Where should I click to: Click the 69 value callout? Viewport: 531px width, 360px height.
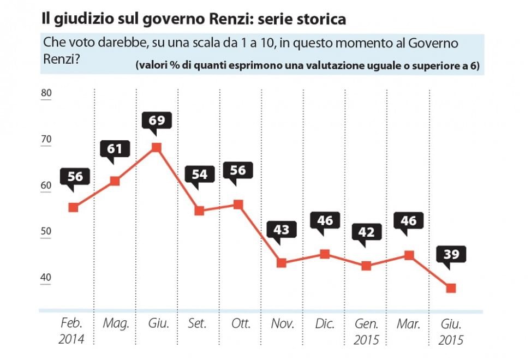[157, 120]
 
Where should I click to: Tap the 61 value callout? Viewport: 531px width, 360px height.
[115, 148]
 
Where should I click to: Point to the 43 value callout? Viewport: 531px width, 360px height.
[282, 229]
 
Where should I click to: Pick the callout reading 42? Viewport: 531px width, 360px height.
[366, 232]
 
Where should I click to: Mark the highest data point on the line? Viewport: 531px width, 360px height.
[157, 147]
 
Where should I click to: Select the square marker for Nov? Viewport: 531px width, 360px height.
[282, 263]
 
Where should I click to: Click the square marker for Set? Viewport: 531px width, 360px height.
[199, 211]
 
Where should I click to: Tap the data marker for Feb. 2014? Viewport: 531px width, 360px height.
[74, 207]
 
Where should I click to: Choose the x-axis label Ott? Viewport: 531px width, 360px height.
[241, 323]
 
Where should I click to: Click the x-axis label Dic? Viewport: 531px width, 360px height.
[325, 323]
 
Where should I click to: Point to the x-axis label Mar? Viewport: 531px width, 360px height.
[408, 323]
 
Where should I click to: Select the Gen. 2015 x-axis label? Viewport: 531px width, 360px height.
[366, 332]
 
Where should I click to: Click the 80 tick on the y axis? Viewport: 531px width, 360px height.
[46, 93]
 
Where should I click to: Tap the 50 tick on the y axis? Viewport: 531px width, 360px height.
[46, 231]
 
